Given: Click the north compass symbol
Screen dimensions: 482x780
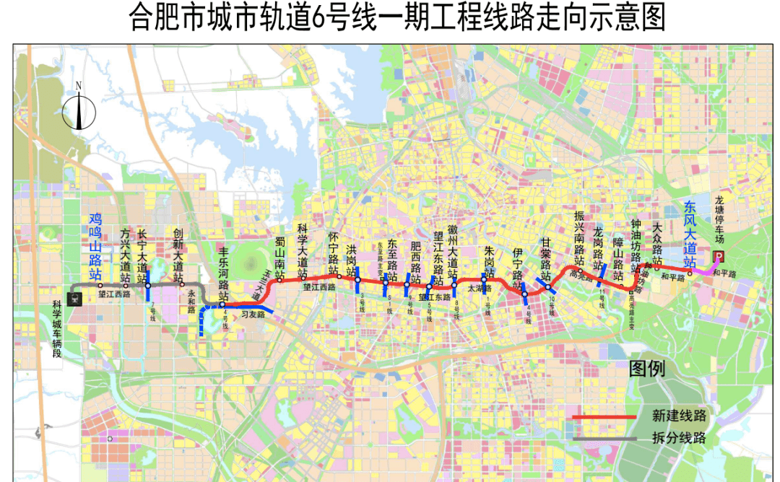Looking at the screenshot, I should tap(79, 108).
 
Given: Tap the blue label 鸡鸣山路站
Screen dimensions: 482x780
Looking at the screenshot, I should tap(95, 246).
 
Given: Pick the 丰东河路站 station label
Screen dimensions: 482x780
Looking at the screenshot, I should tap(224, 274).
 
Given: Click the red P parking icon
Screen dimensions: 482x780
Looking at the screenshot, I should tap(719, 257).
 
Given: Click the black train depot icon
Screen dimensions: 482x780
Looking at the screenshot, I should tap(74, 298).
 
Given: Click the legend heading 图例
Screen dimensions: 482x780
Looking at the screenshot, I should tap(646, 369).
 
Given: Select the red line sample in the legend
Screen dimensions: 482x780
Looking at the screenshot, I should tap(604, 417).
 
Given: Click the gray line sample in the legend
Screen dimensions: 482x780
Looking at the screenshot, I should tap(604, 438).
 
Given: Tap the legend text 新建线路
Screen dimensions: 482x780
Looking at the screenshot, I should tap(678, 416).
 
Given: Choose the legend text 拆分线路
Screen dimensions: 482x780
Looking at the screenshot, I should tap(678, 438).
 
